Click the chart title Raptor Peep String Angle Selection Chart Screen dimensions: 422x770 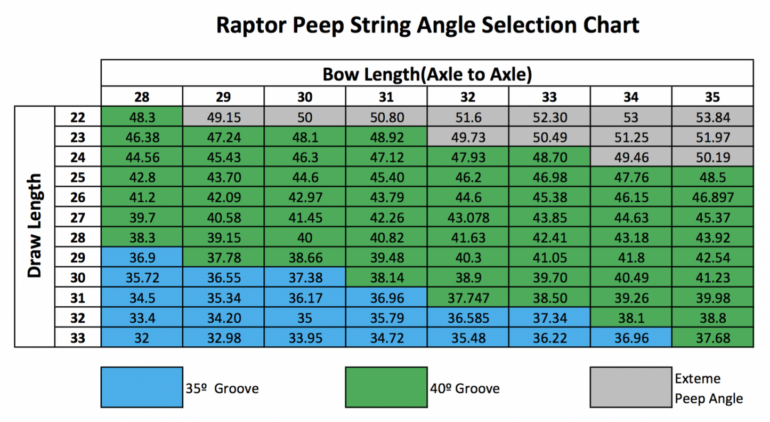[427, 25]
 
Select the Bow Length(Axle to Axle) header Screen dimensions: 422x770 [427, 75]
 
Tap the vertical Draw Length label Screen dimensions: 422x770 [35, 226]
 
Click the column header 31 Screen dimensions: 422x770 [386, 97]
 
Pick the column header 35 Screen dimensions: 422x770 [712, 97]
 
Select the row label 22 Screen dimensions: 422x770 [78, 117]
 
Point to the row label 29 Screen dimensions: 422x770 [78, 258]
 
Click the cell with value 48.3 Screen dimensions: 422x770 [142, 117]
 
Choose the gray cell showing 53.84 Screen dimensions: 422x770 [712, 117]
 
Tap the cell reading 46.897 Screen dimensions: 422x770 [712, 198]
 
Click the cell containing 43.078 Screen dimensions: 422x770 [468, 218]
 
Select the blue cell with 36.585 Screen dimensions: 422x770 [468, 318]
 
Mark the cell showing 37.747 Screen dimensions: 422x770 [468, 298]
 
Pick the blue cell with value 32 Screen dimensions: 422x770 [142, 338]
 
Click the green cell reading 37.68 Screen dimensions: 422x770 [712, 338]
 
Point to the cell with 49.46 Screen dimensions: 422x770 [631, 157]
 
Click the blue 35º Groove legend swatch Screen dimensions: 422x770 [142, 387]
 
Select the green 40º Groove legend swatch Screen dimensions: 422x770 [386, 387]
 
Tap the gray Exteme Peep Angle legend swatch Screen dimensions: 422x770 [631, 387]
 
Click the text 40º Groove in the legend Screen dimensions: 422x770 [465, 388]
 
